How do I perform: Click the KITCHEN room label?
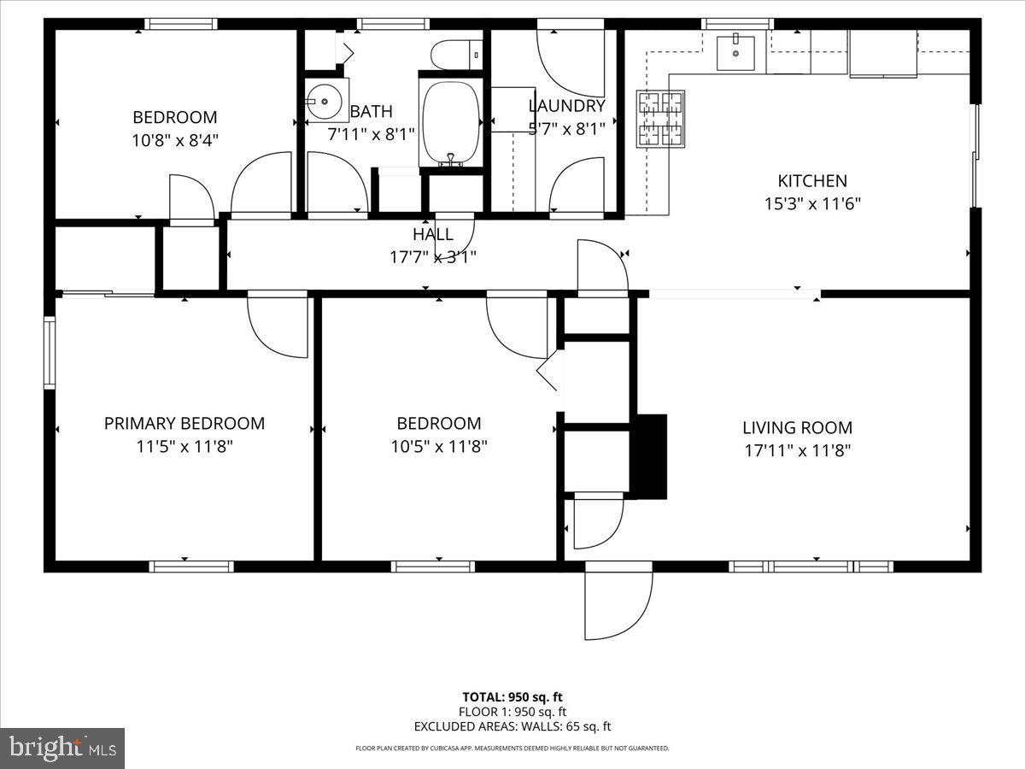pyautogui.click(x=811, y=181)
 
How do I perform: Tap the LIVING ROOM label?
pyautogui.click(x=796, y=428)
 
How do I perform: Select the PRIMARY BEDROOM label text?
pyautogui.click(x=184, y=423)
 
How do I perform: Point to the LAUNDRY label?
pyautogui.click(x=566, y=106)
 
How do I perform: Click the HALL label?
pyautogui.click(x=433, y=234)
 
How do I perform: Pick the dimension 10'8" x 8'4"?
pyautogui.click(x=174, y=140)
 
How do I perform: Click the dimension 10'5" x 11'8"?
pyautogui.click(x=439, y=446)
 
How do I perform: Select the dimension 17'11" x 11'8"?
pyautogui.click(x=796, y=450)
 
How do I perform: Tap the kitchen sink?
pyautogui.click(x=734, y=53)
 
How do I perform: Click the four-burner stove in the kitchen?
pyautogui.click(x=660, y=119)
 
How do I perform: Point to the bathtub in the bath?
pyautogui.click(x=450, y=122)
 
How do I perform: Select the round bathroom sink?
pyautogui.click(x=326, y=101)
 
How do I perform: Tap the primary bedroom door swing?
pyautogui.click(x=276, y=326)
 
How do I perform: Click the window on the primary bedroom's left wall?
pyautogui.click(x=50, y=352)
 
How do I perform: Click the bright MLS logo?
pyautogui.click(x=62, y=748)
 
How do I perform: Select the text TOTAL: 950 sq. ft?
pyautogui.click(x=512, y=696)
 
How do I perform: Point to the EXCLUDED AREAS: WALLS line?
pyautogui.click(x=512, y=726)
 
